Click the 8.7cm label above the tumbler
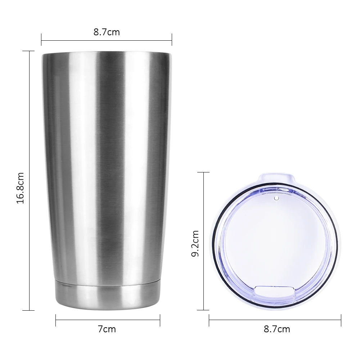pyautogui.click(x=107, y=32)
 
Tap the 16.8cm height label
pyautogui.click(x=21, y=187)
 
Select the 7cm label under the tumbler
pyautogui.click(x=107, y=329)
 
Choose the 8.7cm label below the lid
pyautogui.click(x=277, y=329)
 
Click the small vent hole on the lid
pyautogui.click(x=276, y=198)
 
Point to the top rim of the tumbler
pyautogui.click(x=107, y=55)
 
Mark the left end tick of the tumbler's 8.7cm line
pyautogui.click(x=41, y=40)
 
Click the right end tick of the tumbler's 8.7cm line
pyautogui.click(x=172, y=40)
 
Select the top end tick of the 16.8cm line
pyautogui.click(x=28, y=51)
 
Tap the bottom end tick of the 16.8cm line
pyautogui.click(x=28, y=310)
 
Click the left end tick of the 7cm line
pyautogui.click(x=56, y=320)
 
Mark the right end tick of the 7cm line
pyautogui.click(x=159, y=320)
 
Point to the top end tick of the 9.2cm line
pyautogui.click(x=203, y=172)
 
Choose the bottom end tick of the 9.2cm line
pyautogui.click(x=203, y=310)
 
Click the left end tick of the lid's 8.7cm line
pyautogui.click(x=209, y=320)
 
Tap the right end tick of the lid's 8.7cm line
pyautogui.click(x=341, y=320)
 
